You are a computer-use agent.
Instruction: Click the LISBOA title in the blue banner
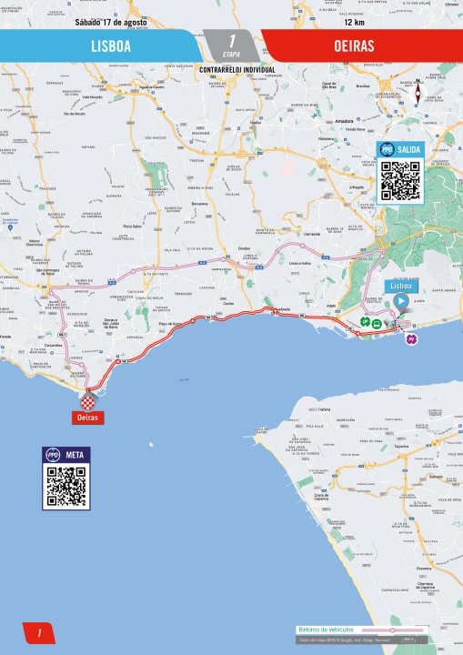(111, 45)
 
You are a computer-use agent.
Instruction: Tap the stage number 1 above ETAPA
(232, 40)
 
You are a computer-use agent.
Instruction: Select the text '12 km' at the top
(356, 22)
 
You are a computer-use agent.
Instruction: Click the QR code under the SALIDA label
(400, 180)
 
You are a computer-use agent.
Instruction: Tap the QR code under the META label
(65, 487)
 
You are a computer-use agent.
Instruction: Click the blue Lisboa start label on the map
(401, 286)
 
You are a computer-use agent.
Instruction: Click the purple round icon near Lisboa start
(410, 338)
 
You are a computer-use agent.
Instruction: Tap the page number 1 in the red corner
(39, 633)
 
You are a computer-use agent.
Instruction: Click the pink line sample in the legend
(391, 630)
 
